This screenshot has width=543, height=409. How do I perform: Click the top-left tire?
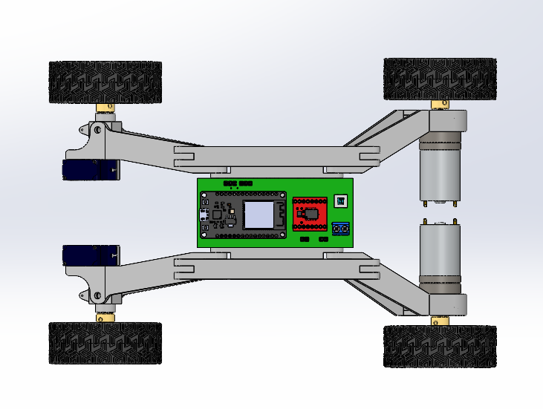(105, 82)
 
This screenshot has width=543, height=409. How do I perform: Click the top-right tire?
(440, 79)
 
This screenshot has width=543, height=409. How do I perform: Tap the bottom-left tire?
(105, 343)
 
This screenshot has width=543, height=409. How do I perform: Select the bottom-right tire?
(440, 346)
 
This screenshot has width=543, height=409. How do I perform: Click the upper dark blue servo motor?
(89, 170)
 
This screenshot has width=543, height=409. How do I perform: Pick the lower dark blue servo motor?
(89, 255)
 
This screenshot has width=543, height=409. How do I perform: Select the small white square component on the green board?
(341, 200)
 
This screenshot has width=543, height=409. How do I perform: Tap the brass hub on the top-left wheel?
(105, 108)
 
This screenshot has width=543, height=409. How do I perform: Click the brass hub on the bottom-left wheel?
(105, 317)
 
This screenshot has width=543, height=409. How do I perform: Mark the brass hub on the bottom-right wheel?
(440, 320)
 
